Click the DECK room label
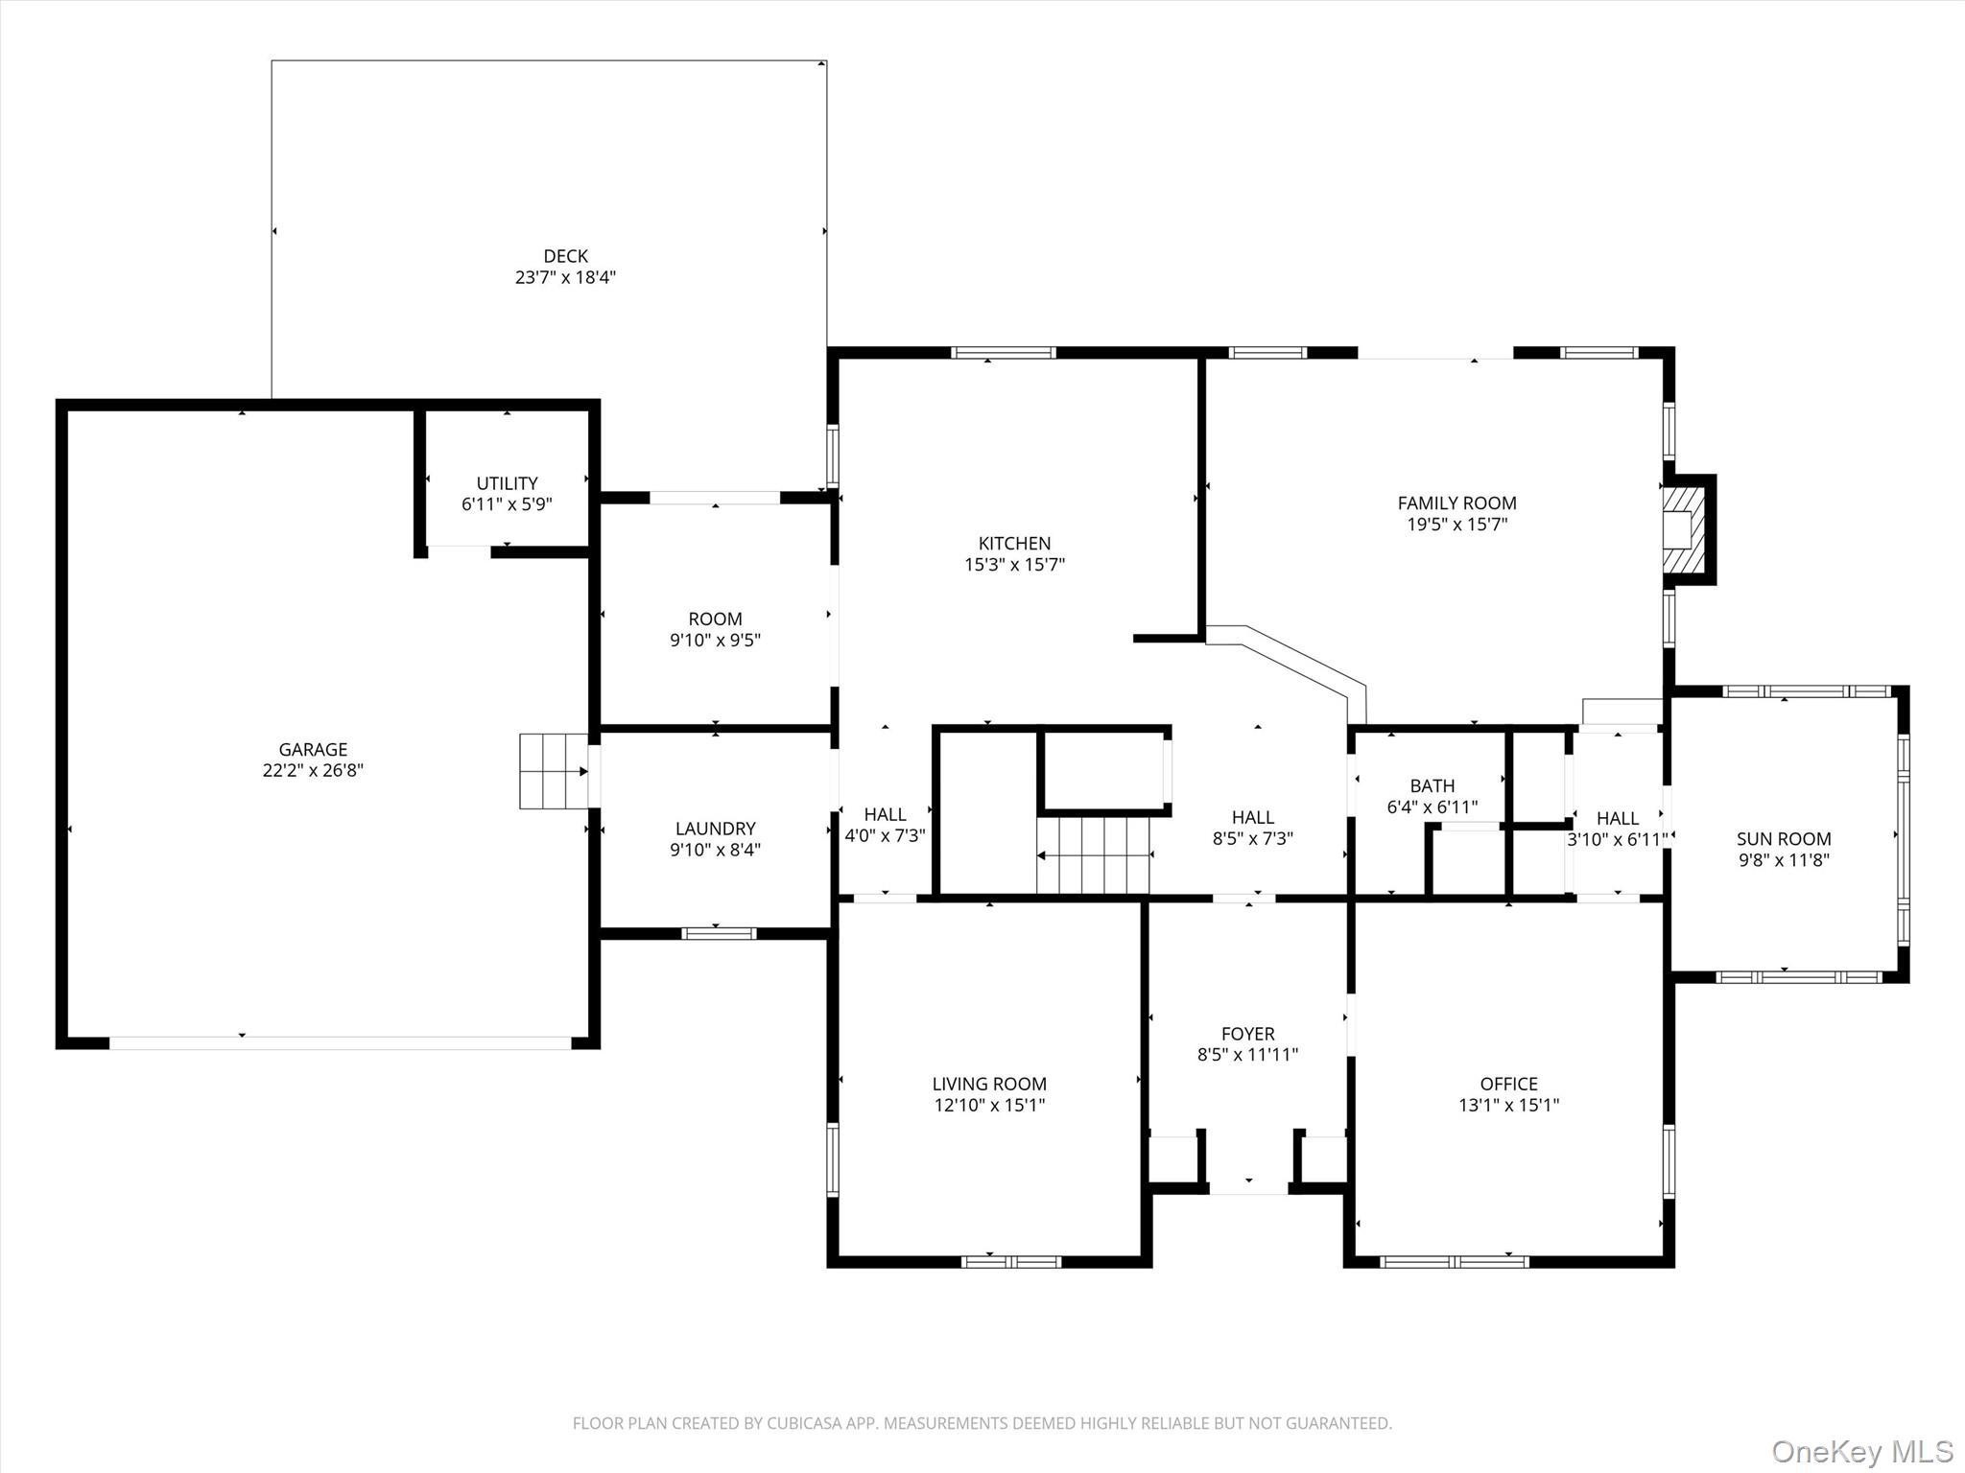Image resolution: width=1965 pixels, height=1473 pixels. click(565, 256)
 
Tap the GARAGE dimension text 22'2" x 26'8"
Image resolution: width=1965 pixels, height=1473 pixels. click(313, 770)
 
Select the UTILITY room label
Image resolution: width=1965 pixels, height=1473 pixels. click(507, 483)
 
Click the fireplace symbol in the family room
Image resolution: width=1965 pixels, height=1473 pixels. click(1684, 529)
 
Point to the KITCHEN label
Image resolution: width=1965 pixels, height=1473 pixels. click(1014, 543)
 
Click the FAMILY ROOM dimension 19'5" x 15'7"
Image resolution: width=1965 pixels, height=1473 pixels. click(1456, 524)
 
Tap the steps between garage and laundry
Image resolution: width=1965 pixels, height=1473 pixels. click(554, 771)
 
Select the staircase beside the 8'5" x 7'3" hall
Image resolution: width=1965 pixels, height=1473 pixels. click(1094, 853)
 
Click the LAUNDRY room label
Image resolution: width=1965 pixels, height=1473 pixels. click(715, 829)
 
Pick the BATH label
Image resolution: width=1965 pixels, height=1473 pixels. click(1432, 786)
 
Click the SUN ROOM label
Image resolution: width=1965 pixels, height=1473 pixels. click(1784, 839)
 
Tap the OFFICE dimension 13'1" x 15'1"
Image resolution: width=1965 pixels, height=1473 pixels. click(1508, 1105)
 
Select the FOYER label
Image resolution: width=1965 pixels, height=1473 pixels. click(1247, 1034)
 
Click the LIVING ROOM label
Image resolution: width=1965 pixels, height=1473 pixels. click(989, 1084)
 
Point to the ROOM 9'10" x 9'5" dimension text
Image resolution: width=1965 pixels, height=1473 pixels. click(715, 640)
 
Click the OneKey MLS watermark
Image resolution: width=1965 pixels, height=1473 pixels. click(1861, 1451)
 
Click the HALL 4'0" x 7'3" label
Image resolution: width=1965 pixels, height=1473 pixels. click(885, 815)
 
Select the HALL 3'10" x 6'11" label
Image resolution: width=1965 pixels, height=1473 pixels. click(1617, 819)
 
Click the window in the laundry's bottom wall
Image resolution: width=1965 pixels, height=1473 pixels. click(719, 932)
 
